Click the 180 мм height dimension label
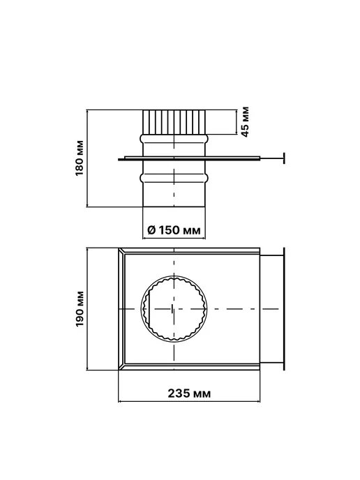(80, 158)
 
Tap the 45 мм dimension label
(245, 121)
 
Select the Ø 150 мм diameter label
(174, 230)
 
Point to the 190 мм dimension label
(80, 308)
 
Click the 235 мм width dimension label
(189, 393)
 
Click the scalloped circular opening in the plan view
(141, 308)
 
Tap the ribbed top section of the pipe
(174, 122)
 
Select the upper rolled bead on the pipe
(174, 138)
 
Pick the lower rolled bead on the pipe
(174, 177)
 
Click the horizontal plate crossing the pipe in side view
(189, 158)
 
